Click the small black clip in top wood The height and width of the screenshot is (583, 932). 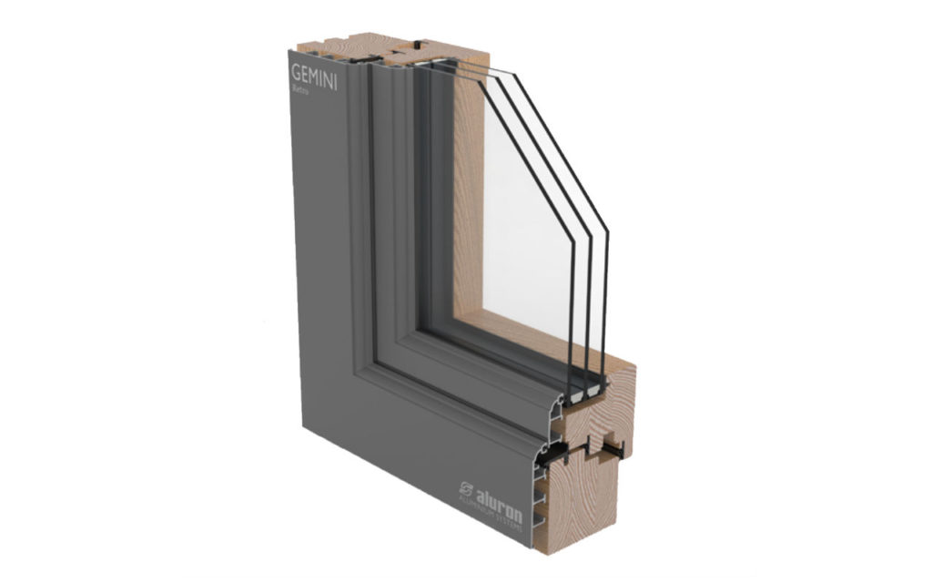click(416, 44)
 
